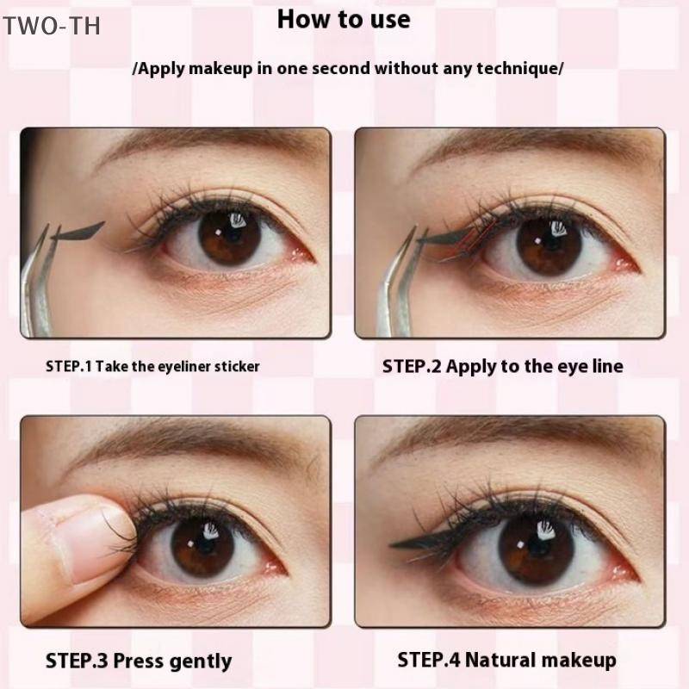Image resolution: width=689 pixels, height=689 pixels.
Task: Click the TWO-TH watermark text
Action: tap(52, 26)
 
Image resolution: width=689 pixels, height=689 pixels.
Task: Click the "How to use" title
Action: tap(344, 20)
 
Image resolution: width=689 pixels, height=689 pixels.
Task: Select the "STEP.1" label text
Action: tap(69, 367)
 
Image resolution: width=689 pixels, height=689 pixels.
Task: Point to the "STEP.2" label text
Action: tap(412, 366)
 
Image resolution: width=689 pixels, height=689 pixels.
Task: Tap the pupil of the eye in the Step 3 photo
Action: tap(202, 547)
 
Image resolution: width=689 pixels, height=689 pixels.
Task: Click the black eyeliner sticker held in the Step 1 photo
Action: tap(78, 231)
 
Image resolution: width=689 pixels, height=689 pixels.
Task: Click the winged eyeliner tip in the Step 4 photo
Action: tap(391, 545)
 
